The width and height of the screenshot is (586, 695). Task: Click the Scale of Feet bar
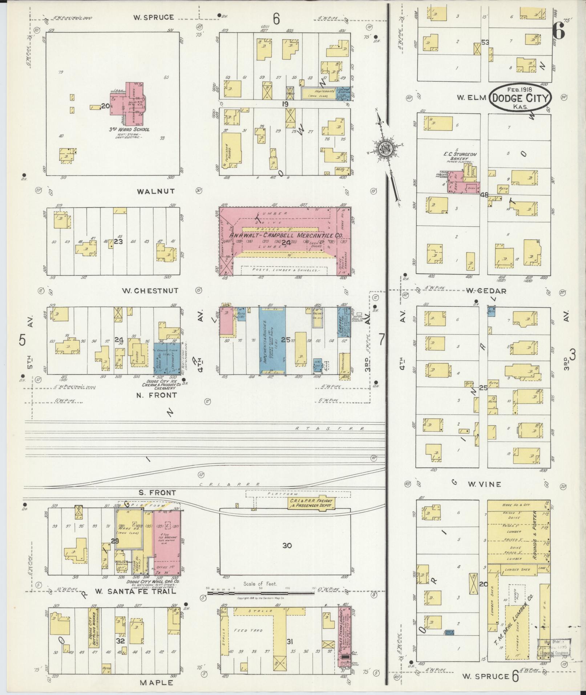[260, 593]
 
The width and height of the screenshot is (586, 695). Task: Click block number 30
[287, 545]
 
